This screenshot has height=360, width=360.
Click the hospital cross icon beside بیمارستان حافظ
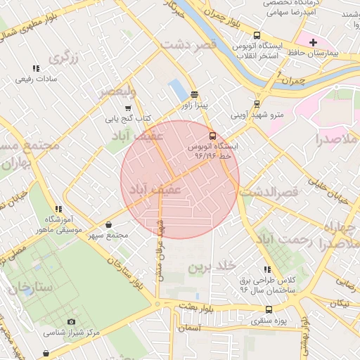pos(314,43)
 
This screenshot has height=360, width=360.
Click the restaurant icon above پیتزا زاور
pos(195,94)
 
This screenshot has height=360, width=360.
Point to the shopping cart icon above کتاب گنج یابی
pos(127,108)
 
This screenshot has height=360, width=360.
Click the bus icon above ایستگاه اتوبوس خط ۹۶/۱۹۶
pos(213,136)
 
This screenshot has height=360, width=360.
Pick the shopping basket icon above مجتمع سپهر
pos(109,224)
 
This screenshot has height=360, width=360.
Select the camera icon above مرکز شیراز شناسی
pos(71,321)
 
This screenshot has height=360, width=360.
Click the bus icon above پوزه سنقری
pos(269,309)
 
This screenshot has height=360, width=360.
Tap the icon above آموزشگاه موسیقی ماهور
pos(58,209)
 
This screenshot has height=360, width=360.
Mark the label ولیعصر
pos(112,91)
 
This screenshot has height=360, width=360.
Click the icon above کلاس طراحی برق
pos(267,269)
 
